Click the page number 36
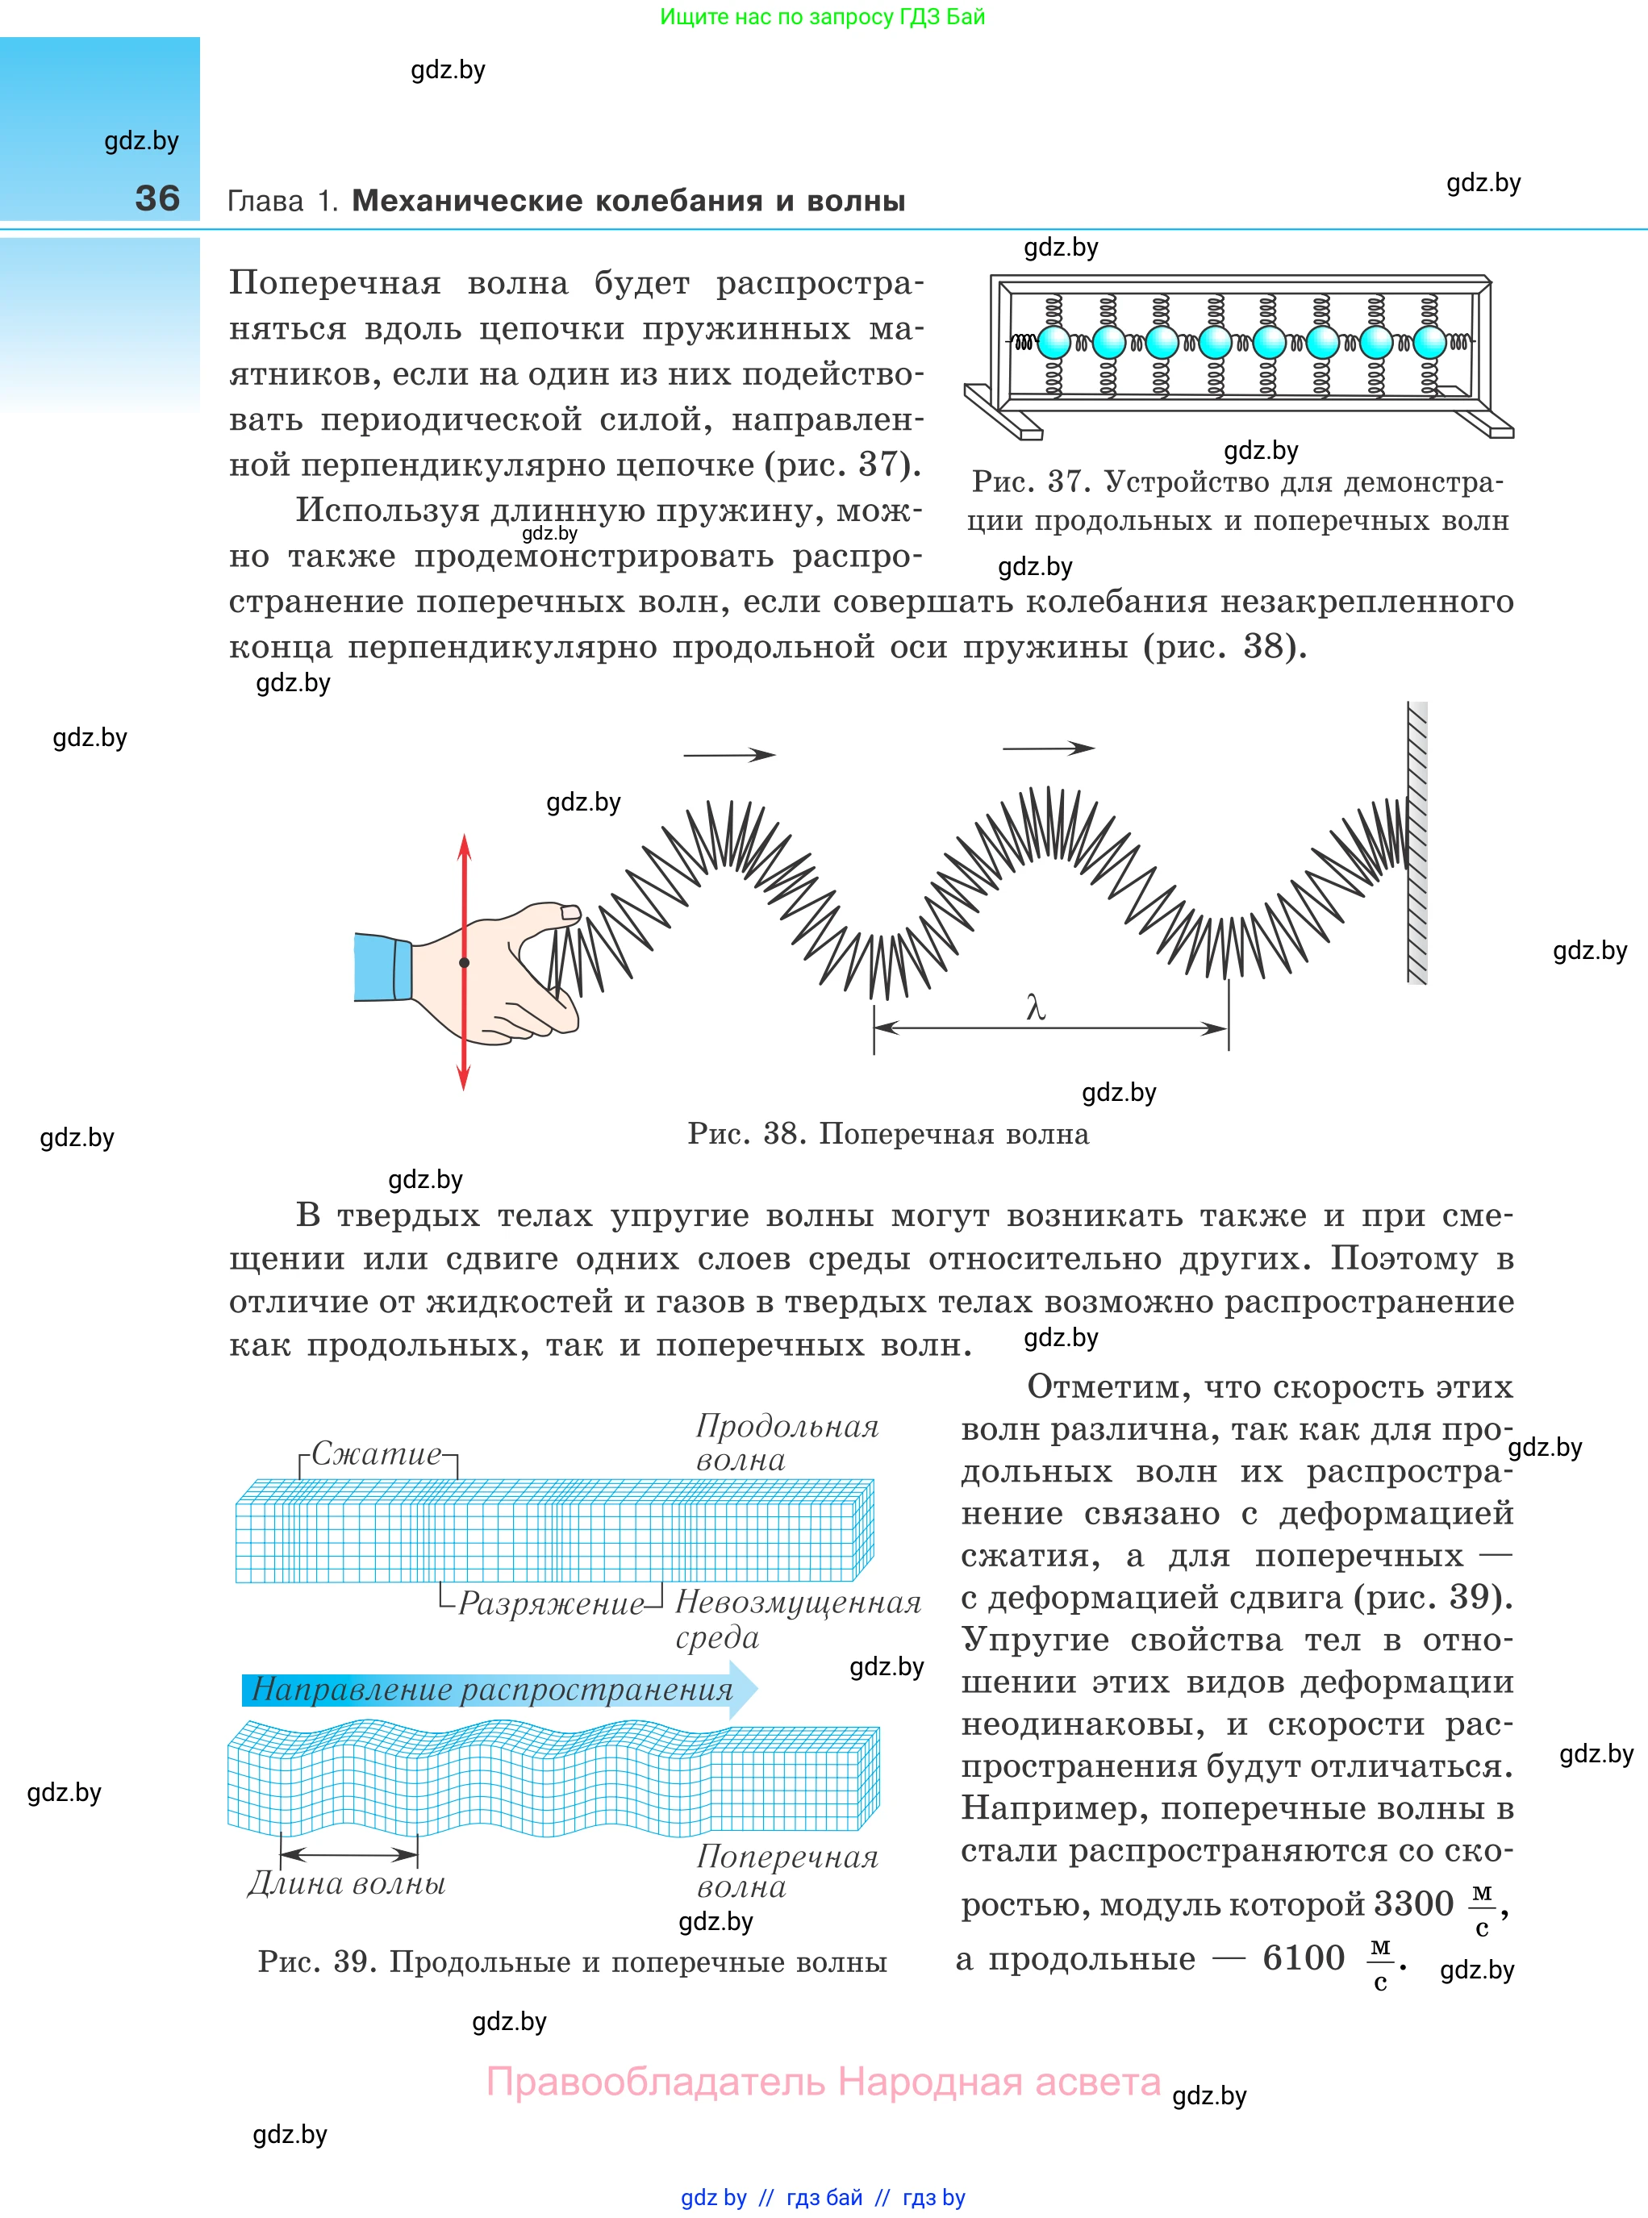157,198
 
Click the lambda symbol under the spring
1036,1008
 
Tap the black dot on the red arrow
464,962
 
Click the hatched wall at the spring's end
1416,843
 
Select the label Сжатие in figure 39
376,1454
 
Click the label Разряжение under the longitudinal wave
551,1603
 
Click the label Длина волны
346,1884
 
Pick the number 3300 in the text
1412,1903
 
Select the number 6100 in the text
1303,1957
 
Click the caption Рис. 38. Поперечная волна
888,1134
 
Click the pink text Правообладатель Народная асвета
823,2082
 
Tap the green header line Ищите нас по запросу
822,17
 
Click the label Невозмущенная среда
797,1620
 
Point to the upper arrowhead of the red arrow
464,846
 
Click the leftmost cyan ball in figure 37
1054,343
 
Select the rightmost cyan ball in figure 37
1429,343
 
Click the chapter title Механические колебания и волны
628,201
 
